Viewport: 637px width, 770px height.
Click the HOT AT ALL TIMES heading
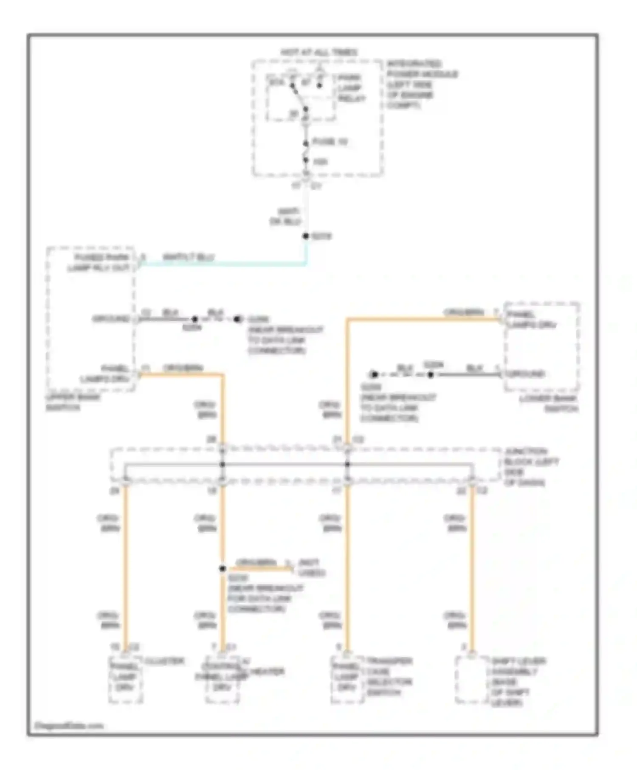[318, 52]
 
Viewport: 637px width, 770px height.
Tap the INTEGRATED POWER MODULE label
[421, 84]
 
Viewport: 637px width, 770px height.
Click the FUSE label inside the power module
[330, 142]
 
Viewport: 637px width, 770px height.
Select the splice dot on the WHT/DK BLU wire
[305, 236]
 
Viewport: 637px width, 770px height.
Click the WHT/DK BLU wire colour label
[285, 216]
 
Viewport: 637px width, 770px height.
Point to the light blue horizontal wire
[221, 264]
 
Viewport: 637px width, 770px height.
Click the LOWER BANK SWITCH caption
[550, 404]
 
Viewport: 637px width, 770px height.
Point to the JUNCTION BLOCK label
[531, 466]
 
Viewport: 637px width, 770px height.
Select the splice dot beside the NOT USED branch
[223, 568]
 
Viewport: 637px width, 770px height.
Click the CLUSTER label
[164, 661]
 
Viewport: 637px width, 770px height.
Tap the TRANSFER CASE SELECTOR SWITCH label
[389, 677]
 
